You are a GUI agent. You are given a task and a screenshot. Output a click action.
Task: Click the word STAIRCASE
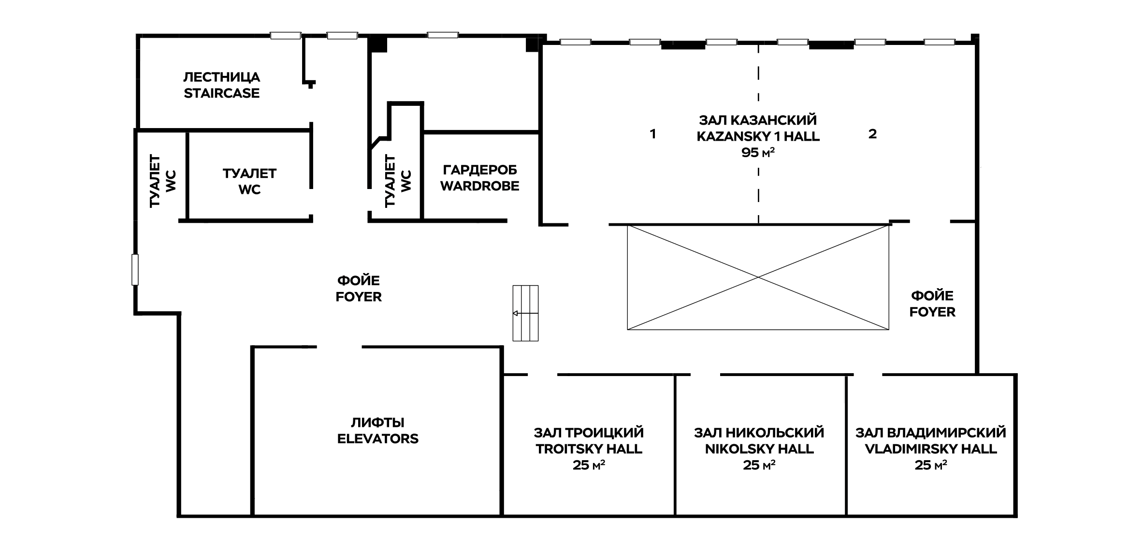pos(221,93)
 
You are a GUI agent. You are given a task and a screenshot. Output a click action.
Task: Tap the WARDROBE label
pos(479,186)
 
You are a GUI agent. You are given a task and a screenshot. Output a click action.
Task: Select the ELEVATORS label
pos(378,439)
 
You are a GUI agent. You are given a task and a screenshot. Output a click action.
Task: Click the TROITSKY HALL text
pos(589,449)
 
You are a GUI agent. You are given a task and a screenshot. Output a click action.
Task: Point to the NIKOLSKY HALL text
pos(759,449)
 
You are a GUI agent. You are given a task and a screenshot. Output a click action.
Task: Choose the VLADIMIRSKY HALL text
pos(931,449)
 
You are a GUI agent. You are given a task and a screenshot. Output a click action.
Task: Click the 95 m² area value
pos(758,153)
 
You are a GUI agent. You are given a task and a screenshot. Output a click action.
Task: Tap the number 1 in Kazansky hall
pos(653,134)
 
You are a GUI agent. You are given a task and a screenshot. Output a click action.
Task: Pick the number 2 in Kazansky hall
pos(872,134)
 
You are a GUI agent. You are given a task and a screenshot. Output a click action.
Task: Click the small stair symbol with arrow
pos(525,313)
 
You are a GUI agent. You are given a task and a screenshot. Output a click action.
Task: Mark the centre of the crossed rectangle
pos(758,277)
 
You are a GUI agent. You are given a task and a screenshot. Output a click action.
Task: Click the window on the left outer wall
pos(135,270)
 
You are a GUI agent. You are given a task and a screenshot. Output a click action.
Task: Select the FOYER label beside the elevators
pos(359,297)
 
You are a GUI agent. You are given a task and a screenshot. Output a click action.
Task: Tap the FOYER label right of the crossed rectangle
pos(932,312)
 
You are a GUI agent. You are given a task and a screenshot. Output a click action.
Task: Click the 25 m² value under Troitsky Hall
pos(589,466)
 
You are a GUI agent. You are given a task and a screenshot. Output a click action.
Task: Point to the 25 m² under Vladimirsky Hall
pos(931,466)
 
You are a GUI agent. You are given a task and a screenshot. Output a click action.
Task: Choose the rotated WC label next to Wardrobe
pos(406,181)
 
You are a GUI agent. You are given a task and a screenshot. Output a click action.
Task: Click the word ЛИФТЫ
pos(377,423)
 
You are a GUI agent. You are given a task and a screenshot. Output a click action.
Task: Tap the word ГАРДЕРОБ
pos(480,170)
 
